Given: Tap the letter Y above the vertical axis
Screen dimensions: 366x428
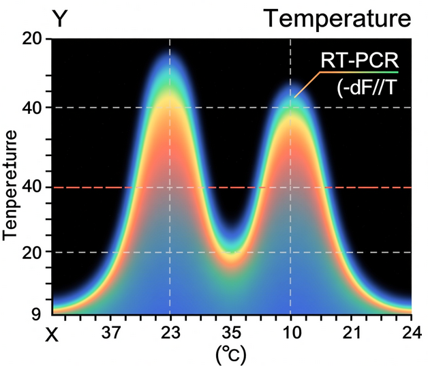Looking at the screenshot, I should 60,18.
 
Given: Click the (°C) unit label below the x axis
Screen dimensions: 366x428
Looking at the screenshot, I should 230,354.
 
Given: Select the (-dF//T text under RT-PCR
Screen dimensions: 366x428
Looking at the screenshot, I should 362,89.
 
